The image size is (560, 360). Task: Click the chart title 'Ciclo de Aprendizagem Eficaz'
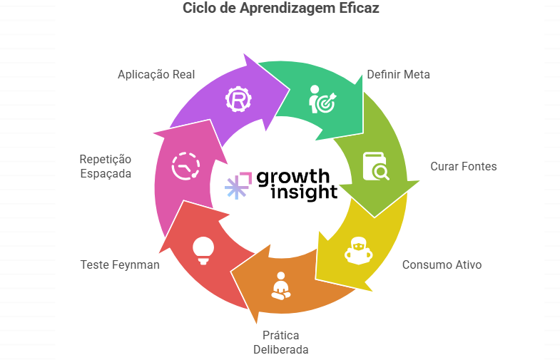(280, 9)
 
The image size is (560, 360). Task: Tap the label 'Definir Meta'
(398, 74)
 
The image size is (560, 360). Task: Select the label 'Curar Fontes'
(463, 166)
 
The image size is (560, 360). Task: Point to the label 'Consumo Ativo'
(442, 264)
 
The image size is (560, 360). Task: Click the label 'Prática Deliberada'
(280, 342)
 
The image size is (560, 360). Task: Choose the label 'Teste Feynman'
(120, 264)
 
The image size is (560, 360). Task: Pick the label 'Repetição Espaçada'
(106, 165)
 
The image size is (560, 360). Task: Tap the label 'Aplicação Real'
(156, 74)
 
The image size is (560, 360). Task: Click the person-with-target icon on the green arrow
(322, 99)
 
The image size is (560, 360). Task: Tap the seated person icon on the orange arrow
(280, 284)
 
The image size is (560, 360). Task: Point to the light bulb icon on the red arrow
(203, 250)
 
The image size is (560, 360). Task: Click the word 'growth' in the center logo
(292, 176)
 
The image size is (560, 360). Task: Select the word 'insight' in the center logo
(303, 192)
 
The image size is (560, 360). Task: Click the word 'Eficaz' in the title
(360, 9)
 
